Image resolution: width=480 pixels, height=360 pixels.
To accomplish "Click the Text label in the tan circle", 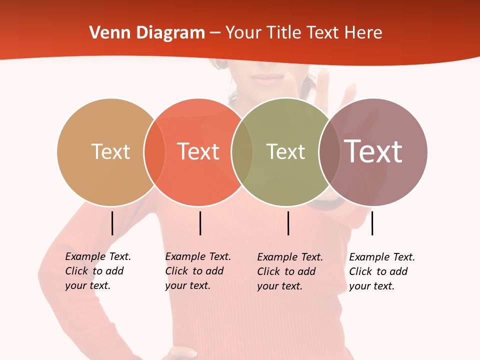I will click(x=110, y=151).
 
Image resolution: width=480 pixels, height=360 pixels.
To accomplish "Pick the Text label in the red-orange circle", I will click(x=198, y=151).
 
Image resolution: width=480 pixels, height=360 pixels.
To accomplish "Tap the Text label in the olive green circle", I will click(x=285, y=151).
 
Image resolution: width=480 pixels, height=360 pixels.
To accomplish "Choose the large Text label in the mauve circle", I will click(x=373, y=151).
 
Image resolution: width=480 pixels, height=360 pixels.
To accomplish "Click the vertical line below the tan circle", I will click(x=112, y=223).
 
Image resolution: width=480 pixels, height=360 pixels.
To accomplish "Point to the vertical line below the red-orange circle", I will click(x=200, y=223).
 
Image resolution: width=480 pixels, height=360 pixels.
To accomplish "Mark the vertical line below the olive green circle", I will click(x=288, y=223).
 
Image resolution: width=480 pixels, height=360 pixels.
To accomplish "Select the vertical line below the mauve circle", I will click(x=372, y=223).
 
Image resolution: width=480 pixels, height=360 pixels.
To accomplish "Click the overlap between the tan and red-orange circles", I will click(x=154, y=152).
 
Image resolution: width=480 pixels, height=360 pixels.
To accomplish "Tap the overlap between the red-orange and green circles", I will click(x=242, y=152).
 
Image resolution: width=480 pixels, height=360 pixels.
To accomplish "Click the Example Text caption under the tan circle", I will click(x=98, y=271).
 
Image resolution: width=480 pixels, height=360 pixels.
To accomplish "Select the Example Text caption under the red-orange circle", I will click(x=198, y=271).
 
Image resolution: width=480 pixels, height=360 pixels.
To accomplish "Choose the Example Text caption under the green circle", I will click(x=290, y=271).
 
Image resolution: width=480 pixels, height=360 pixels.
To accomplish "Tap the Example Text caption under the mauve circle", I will click(x=382, y=271).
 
